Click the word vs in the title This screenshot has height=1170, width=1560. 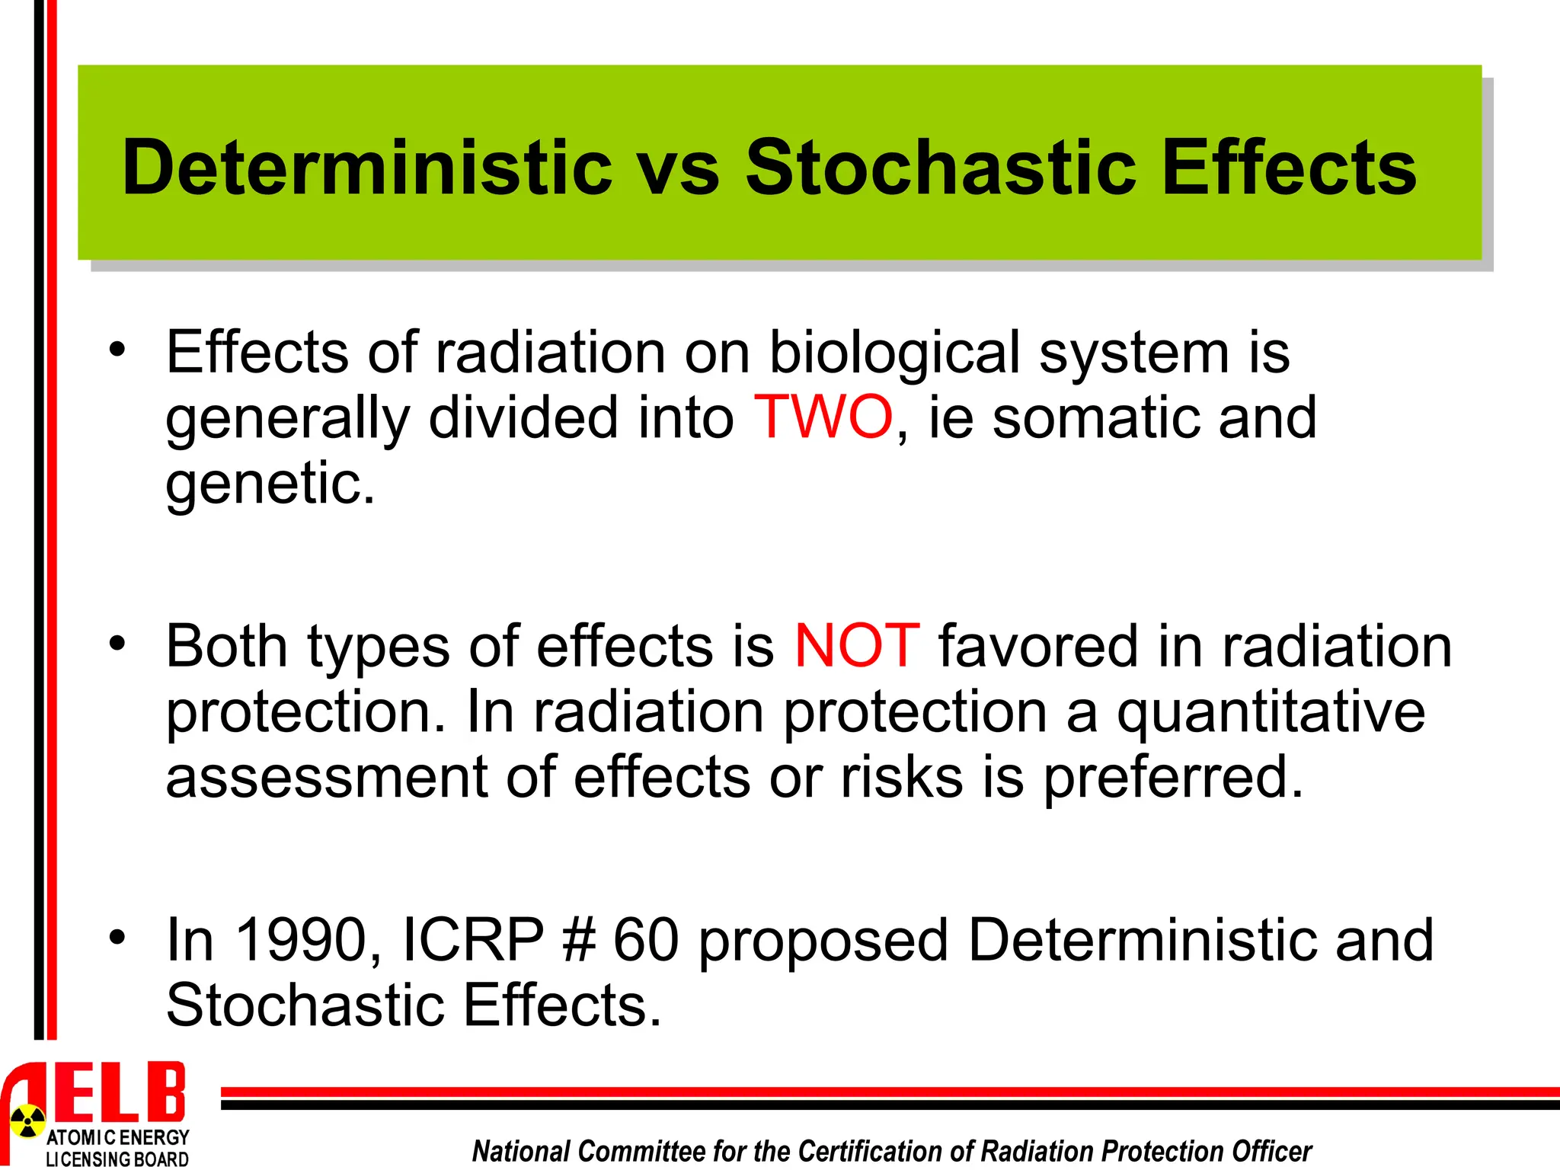[679, 169]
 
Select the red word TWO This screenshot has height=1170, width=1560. [823, 417]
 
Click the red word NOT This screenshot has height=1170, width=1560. [857, 646]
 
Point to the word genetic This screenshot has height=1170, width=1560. [270, 484]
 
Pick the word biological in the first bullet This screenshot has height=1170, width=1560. [894, 353]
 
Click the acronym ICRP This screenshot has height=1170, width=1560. [472, 940]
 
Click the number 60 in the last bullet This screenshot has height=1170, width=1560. [646, 940]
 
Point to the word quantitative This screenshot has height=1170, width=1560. [1271, 713]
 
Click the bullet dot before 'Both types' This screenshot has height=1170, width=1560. [117, 644]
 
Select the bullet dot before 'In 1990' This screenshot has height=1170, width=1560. [117, 938]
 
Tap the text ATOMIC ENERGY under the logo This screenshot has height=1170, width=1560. [117, 1138]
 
